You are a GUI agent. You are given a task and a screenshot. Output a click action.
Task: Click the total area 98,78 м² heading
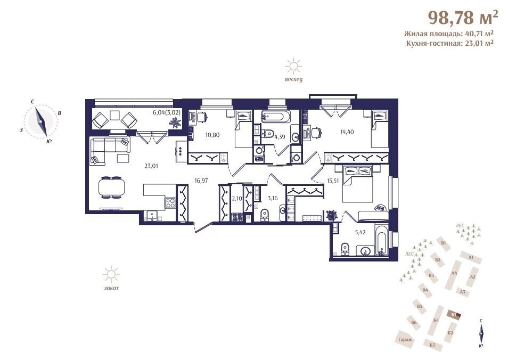click(x=463, y=18)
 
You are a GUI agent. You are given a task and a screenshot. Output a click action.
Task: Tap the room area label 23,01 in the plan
click(x=151, y=166)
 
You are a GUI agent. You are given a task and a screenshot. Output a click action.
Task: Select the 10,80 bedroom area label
click(x=212, y=135)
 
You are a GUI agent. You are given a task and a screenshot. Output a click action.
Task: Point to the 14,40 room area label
click(x=347, y=132)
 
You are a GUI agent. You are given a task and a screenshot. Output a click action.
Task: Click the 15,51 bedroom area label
click(x=333, y=181)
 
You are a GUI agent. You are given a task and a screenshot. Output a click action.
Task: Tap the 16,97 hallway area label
click(x=201, y=181)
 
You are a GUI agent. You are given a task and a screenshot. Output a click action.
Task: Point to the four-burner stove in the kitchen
click(x=170, y=203)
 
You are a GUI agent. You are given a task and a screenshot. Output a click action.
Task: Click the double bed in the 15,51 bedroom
click(x=358, y=184)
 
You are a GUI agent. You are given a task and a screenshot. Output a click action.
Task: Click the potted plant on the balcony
click(x=176, y=122)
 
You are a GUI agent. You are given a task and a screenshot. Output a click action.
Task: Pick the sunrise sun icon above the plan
click(x=293, y=67)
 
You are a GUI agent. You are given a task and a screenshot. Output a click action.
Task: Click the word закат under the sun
click(x=111, y=288)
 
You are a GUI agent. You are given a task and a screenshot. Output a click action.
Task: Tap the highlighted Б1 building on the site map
click(x=454, y=315)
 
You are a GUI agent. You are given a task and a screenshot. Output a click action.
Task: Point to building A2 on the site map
click(x=472, y=276)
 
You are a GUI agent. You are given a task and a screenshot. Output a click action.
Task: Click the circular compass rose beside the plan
click(x=41, y=122)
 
